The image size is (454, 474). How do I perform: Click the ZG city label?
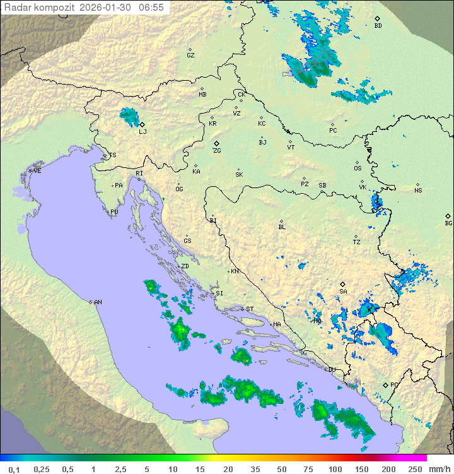(x=217, y=151)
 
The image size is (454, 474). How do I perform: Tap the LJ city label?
(x=143, y=131)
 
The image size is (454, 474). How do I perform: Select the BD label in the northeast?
(x=378, y=26)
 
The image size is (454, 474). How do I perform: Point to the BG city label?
(x=448, y=223)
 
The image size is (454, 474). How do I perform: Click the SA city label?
(x=343, y=291)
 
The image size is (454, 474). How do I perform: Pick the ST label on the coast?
(x=249, y=309)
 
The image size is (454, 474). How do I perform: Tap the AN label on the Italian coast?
(x=98, y=302)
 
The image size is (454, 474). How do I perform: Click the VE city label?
(x=37, y=171)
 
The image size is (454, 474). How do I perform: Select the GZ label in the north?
(x=190, y=55)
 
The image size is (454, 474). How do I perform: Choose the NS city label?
(x=418, y=190)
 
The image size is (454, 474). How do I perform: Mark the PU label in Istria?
(x=114, y=212)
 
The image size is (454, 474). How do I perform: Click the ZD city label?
(x=185, y=266)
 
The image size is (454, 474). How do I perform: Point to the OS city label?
(x=358, y=168)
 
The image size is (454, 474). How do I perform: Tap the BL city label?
(x=282, y=227)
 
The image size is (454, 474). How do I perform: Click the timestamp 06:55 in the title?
(x=151, y=8)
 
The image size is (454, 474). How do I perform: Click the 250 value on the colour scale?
(x=414, y=469)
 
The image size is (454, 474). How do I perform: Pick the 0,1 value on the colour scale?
(x=14, y=469)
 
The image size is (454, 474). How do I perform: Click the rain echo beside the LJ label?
(x=129, y=116)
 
